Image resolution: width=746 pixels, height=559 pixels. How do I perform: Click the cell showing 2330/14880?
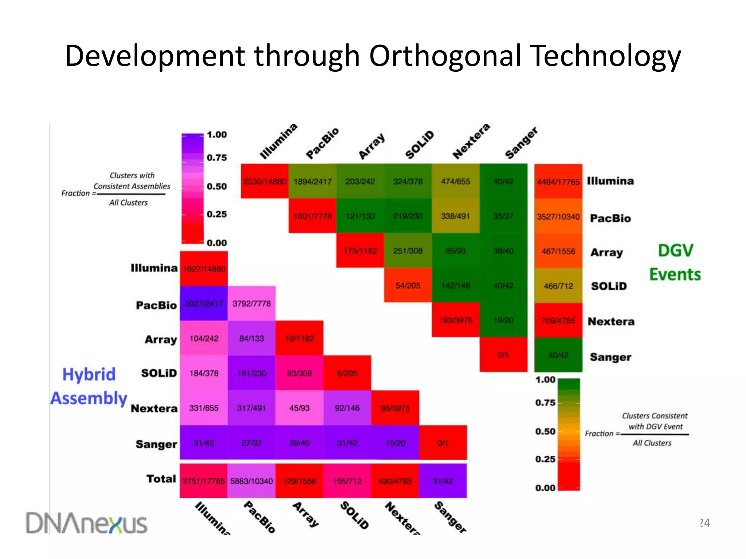pos(265,181)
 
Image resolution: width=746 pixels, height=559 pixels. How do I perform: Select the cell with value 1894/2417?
pos(313,181)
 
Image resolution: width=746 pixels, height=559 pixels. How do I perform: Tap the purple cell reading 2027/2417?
pos(204,304)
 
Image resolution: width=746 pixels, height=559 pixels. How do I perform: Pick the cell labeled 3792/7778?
pos(252,304)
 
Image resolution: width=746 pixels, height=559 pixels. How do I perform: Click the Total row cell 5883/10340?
pos(252,481)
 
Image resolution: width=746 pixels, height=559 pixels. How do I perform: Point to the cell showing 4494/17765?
pos(558,181)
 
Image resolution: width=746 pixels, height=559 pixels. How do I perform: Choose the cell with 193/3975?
pos(455,320)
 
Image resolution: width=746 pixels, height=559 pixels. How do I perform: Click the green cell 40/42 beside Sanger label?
pos(558,355)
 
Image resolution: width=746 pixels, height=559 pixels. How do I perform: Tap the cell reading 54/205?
pos(408,285)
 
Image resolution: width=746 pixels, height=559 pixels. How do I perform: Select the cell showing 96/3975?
pos(395,408)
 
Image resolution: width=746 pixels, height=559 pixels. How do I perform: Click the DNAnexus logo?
pos(86,523)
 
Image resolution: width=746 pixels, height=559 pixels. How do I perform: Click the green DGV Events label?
pos(675,262)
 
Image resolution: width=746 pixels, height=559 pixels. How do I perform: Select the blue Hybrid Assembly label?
pos(89,386)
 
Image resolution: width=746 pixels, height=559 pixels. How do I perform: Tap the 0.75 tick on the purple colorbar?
pos(217,158)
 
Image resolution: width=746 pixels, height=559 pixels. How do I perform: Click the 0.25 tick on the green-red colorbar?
pos(545,459)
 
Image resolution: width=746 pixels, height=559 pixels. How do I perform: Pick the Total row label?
pos(161,479)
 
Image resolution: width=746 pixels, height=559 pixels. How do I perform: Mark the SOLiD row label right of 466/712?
pos(609,286)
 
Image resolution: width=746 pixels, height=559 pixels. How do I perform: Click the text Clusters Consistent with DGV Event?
pos(655,421)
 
